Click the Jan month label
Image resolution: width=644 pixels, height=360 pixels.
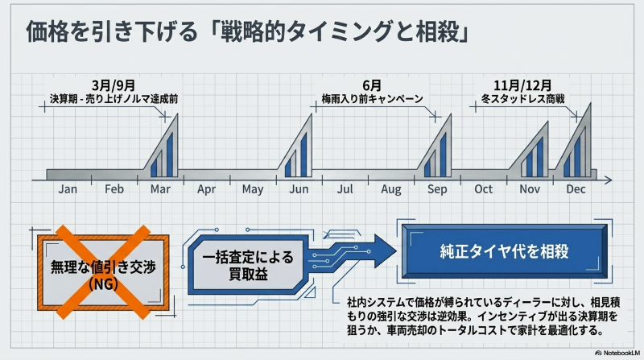tap(68, 189)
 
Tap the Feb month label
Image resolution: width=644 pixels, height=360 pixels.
tap(114, 189)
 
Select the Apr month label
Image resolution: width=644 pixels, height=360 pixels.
tap(206, 189)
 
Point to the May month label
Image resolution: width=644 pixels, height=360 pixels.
tap(253, 189)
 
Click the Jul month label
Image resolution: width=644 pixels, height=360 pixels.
tap(345, 189)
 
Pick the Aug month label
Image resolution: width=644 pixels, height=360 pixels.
tap(391, 189)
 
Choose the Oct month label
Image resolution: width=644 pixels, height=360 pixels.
tap(484, 189)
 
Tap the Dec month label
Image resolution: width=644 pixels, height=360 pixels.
tap(576, 189)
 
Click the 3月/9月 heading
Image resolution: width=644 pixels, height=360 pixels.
tap(113, 84)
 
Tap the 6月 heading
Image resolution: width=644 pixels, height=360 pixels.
tap(371, 84)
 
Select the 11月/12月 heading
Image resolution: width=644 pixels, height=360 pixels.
tap(522, 84)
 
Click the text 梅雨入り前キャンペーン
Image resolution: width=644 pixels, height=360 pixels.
tap(372, 98)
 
